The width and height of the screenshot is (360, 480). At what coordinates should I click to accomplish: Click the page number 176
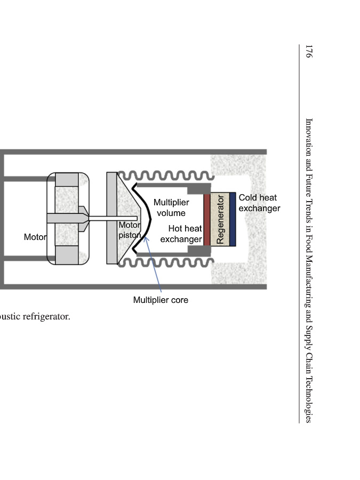(308, 52)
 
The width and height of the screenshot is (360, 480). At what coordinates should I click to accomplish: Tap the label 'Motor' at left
(35, 237)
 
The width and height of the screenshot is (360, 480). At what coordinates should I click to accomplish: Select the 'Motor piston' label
(130, 230)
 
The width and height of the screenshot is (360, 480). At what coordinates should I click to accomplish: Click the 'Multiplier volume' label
(171, 208)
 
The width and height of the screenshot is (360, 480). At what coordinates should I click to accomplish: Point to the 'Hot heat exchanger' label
(181, 234)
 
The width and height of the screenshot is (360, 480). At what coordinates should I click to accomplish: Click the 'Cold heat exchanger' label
(259, 203)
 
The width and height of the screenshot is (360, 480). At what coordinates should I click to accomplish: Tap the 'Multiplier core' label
(161, 300)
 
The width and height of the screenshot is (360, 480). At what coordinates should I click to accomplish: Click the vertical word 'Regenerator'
(220, 219)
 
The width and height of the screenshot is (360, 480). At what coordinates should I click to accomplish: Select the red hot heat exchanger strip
(207, 219)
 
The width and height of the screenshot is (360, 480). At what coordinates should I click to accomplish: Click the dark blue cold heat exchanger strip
(233, 219)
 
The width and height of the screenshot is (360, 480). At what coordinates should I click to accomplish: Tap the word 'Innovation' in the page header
(308, 135)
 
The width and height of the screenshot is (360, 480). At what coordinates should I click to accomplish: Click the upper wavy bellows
(165, 175)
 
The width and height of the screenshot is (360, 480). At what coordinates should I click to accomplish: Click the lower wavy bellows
(165, 263)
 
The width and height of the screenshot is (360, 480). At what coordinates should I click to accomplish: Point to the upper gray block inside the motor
(67, 179)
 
